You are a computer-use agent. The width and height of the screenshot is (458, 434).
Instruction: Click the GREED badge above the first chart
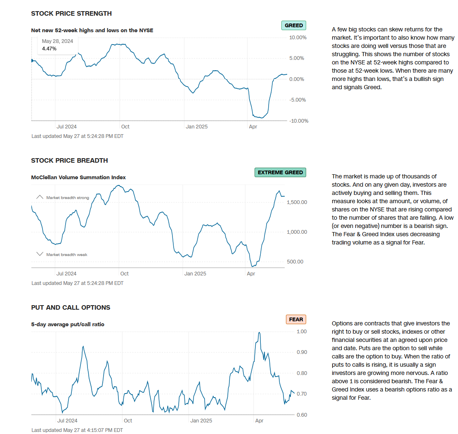[x=294, y=26]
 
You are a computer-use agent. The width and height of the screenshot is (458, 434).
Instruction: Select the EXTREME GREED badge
[x=280, y=173]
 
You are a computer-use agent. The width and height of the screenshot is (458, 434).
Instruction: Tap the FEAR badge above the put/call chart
[x=296, y=319]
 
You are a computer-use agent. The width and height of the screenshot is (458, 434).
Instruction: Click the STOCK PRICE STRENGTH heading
[x=71, y=14]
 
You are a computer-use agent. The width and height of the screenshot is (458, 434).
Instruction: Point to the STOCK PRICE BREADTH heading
[x=69, y=161]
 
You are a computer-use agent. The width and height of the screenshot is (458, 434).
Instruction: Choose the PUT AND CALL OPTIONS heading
[x=71, y=308]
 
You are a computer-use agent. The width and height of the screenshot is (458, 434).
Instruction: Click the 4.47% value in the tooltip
[x=49, y=48]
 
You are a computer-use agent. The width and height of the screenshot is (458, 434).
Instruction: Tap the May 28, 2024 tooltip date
[x=57, y=41]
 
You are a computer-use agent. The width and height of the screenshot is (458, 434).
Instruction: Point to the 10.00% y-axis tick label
[x=298, y=38]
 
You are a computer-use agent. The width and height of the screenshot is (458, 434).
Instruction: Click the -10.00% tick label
[x=298, y=121]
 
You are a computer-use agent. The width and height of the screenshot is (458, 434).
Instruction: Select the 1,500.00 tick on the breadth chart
[x=297, y=202]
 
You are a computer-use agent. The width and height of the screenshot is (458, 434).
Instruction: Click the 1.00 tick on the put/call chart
[x=302, y=331]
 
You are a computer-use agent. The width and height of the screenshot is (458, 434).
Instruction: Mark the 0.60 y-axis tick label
[x=302, y=415]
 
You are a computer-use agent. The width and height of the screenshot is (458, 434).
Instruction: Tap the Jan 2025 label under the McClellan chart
[x=195, y=273]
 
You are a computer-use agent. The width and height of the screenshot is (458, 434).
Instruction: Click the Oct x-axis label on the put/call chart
[x=128, y=420]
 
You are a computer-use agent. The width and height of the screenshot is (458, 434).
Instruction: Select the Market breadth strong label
[x=68, y=198]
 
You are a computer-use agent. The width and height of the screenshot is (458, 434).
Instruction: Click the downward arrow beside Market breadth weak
[x=40, y=254]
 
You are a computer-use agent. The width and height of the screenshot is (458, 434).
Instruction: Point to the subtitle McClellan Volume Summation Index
[x=78, y=178]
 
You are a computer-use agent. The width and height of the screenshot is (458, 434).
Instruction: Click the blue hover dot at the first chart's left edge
[x=32, y=61]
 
